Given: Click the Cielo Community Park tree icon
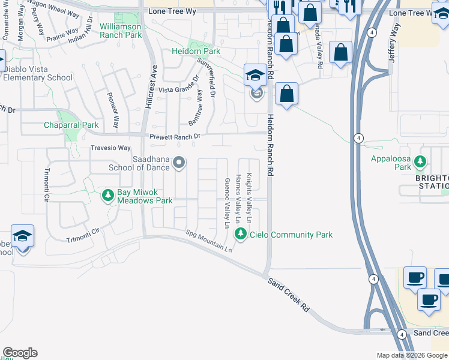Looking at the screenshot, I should [x=241, y=234].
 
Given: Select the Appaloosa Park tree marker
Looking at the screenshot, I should [x=420, y=161].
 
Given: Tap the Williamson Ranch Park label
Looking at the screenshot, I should [x=121, y=31].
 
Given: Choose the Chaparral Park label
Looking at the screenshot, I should [x=71, y=125].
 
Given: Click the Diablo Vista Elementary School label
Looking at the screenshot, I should [x=37, y=73].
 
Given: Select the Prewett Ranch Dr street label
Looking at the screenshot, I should [x=175, y=137].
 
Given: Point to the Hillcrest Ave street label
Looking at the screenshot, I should [x=149, y=87].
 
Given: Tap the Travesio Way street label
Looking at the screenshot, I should [x=110, y=148].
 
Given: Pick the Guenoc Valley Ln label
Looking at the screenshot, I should [x=227, y=203].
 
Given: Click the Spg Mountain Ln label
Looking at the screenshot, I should [x=208, y=241].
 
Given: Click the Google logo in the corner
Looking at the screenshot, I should [x=20, y=353].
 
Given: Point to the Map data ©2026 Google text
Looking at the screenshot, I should [x=411, y=355].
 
